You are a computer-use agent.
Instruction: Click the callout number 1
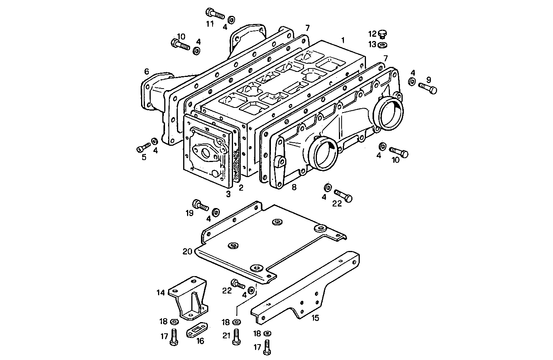[343, 40]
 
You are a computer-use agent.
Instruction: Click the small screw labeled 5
[143, 148]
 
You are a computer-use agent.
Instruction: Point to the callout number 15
[315, 318]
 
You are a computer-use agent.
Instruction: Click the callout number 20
[187, 252]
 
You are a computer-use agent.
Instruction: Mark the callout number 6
[146, 72]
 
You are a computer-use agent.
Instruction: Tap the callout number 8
[294, 188]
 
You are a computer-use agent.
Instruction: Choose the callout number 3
[228, 194]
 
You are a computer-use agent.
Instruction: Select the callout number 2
[241, 188]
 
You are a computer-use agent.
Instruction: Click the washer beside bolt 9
[412, 82]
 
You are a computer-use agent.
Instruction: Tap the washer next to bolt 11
[231, 20]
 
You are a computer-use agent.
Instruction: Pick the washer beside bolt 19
[216, 211]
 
